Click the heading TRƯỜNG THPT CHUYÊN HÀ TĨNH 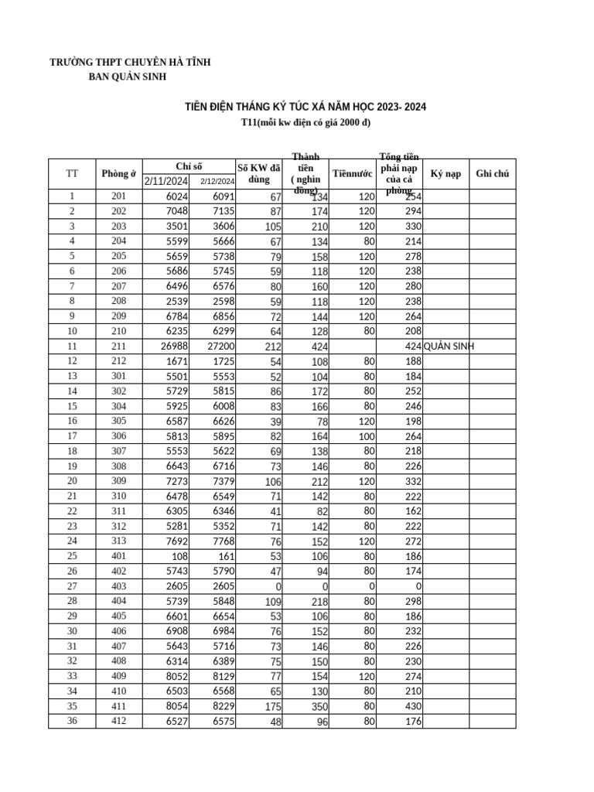click(x=130, y=62)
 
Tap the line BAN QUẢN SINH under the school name click(x=128, y=77)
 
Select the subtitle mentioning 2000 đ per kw click(x=306, y=124)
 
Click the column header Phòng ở click(x=118, y=173)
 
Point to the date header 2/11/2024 click(x=166, y=181)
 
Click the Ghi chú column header click(x=492, y=173)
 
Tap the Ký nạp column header click(x=445, y=173)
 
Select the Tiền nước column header click(x=352, y=173)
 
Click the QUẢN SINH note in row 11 click(x=449, y=346)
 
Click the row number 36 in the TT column click(x=72, y=721)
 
